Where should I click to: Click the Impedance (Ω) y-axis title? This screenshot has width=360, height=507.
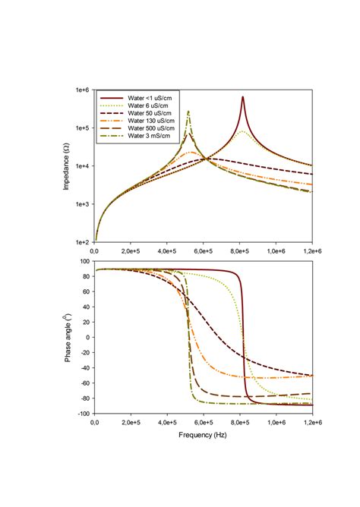tap(67, 165)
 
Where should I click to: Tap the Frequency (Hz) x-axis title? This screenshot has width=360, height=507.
tap(202, 436)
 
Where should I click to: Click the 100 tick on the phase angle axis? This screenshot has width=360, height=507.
tap(84, 261)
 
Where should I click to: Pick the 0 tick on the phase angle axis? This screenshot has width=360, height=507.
tap(87, 337)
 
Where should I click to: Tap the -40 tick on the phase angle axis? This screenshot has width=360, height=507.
tap(84, 368)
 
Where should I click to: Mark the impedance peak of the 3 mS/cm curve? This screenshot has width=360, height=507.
tap(189, 112)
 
